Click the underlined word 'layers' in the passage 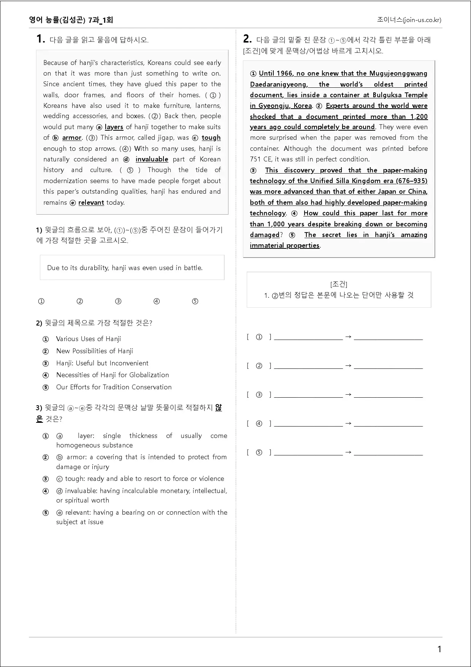(114, 127)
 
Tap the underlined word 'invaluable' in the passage (152, 159)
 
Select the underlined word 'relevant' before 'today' (91, 202)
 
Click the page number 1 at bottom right (439, 649)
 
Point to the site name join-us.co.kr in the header (409, 20)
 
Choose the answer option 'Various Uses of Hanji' (88, 339)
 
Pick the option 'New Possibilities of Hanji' (94, 351)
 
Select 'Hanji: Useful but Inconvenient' (102, 363)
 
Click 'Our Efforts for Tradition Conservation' (114, 387)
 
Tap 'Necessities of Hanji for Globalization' (112, 375)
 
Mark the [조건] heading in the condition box (339, 284)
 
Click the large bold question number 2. (247, 39)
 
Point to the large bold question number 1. (40, 39)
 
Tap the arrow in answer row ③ (348, 395)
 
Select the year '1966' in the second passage (284, 73)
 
